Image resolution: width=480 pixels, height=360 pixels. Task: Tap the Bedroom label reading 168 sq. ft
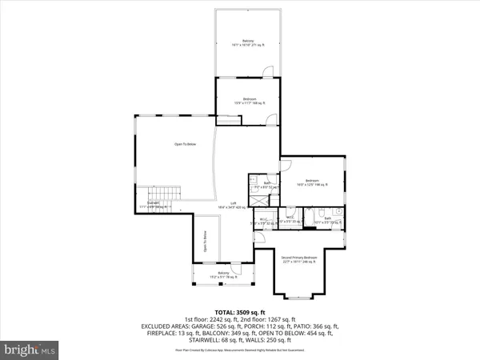248,101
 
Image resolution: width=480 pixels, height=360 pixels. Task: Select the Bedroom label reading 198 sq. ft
312,182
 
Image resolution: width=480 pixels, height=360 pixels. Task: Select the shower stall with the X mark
257,196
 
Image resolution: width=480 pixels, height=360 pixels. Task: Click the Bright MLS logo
30,349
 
